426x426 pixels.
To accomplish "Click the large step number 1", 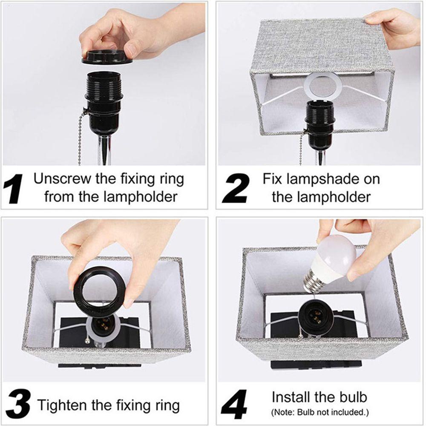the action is pos(13,189).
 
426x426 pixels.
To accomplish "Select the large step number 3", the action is pos(18,405).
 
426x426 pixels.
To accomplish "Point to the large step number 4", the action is pos(234,404).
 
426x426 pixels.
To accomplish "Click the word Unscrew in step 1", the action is pos(63,179).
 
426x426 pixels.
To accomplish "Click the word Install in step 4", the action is pos(291,397).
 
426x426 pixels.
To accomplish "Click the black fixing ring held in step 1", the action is pos(107,57).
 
